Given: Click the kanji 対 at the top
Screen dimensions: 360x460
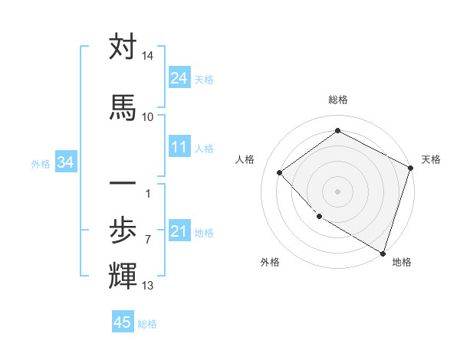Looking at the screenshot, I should (123, 47).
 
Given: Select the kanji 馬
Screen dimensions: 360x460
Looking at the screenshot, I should (123, 107).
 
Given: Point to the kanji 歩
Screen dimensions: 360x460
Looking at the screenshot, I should (123, 230).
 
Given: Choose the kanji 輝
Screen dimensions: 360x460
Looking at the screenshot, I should (123, 274).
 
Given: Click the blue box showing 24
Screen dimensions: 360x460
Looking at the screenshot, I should (179, 78).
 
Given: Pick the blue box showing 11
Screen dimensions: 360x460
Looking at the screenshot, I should (179, 147).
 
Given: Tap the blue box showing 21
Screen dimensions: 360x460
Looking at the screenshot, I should (179, 231).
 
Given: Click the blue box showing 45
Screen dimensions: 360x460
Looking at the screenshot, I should (123, 322).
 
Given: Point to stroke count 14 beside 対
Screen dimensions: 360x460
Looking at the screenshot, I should (147, 56).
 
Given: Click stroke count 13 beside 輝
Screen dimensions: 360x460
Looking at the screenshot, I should (147, 286).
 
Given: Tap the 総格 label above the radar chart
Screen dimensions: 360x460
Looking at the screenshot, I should (337, 100).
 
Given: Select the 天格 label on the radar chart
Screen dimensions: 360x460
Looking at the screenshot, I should (431, 159).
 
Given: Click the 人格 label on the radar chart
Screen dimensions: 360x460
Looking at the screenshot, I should (245, 159).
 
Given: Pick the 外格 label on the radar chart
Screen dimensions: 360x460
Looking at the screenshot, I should (270, 263).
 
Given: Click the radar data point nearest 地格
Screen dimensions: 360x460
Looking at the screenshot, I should (383, 252).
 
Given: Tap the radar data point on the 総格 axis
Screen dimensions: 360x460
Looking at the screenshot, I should (337, 131).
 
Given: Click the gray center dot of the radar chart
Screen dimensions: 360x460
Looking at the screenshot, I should (337, 191).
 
